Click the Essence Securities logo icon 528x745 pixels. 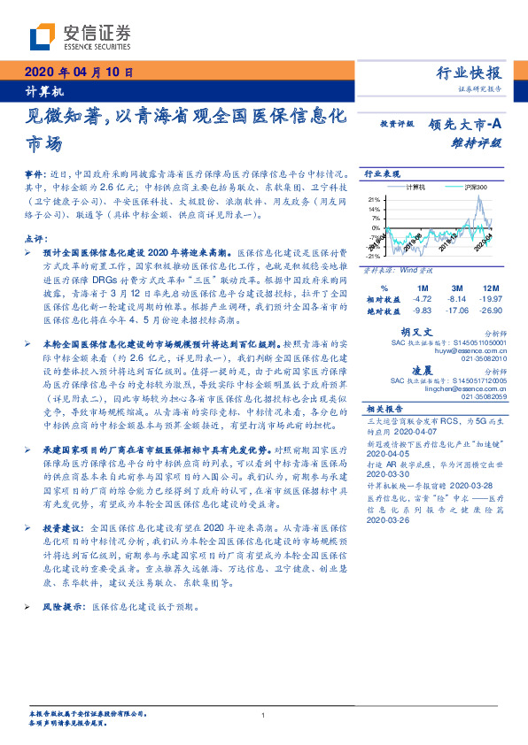45,36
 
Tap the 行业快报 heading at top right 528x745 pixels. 470,73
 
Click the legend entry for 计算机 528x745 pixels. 415,188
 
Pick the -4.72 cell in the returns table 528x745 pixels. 423,299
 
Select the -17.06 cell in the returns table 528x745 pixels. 457,311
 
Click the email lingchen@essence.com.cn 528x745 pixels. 459,388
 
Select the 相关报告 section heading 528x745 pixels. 383,409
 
